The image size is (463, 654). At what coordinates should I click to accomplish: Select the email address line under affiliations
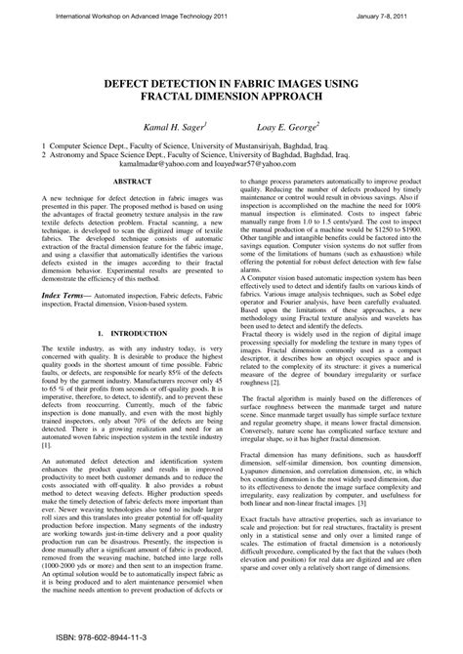pyautogui.click(x=231, y=165)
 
